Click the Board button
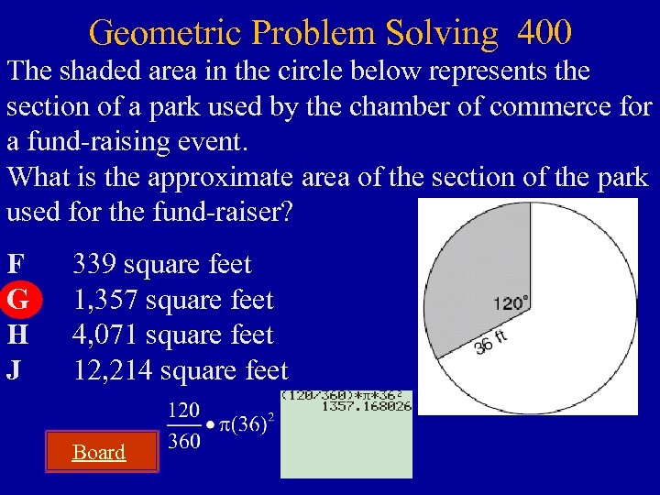99,452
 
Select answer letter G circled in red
17,300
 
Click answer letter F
16,265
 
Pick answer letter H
17,335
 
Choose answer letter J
16,370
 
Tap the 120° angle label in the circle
511,303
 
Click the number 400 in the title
544,33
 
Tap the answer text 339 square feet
161,265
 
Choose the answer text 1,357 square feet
172,300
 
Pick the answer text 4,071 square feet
172,335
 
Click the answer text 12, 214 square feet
180,370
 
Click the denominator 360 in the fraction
186,442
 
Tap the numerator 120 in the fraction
186,409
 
